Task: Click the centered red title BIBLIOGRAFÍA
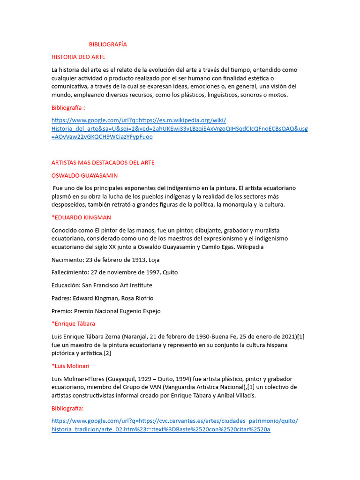pos(108,45)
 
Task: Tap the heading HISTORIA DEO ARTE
pos(78,57)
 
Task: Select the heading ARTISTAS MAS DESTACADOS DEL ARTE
pos(103,163)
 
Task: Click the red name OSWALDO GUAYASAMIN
pos(84,175)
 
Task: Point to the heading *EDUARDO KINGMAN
pos(81,217)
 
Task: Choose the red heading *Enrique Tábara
pos(73,323)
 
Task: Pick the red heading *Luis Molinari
pos(70,366)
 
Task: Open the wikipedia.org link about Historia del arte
pos(180,128)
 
